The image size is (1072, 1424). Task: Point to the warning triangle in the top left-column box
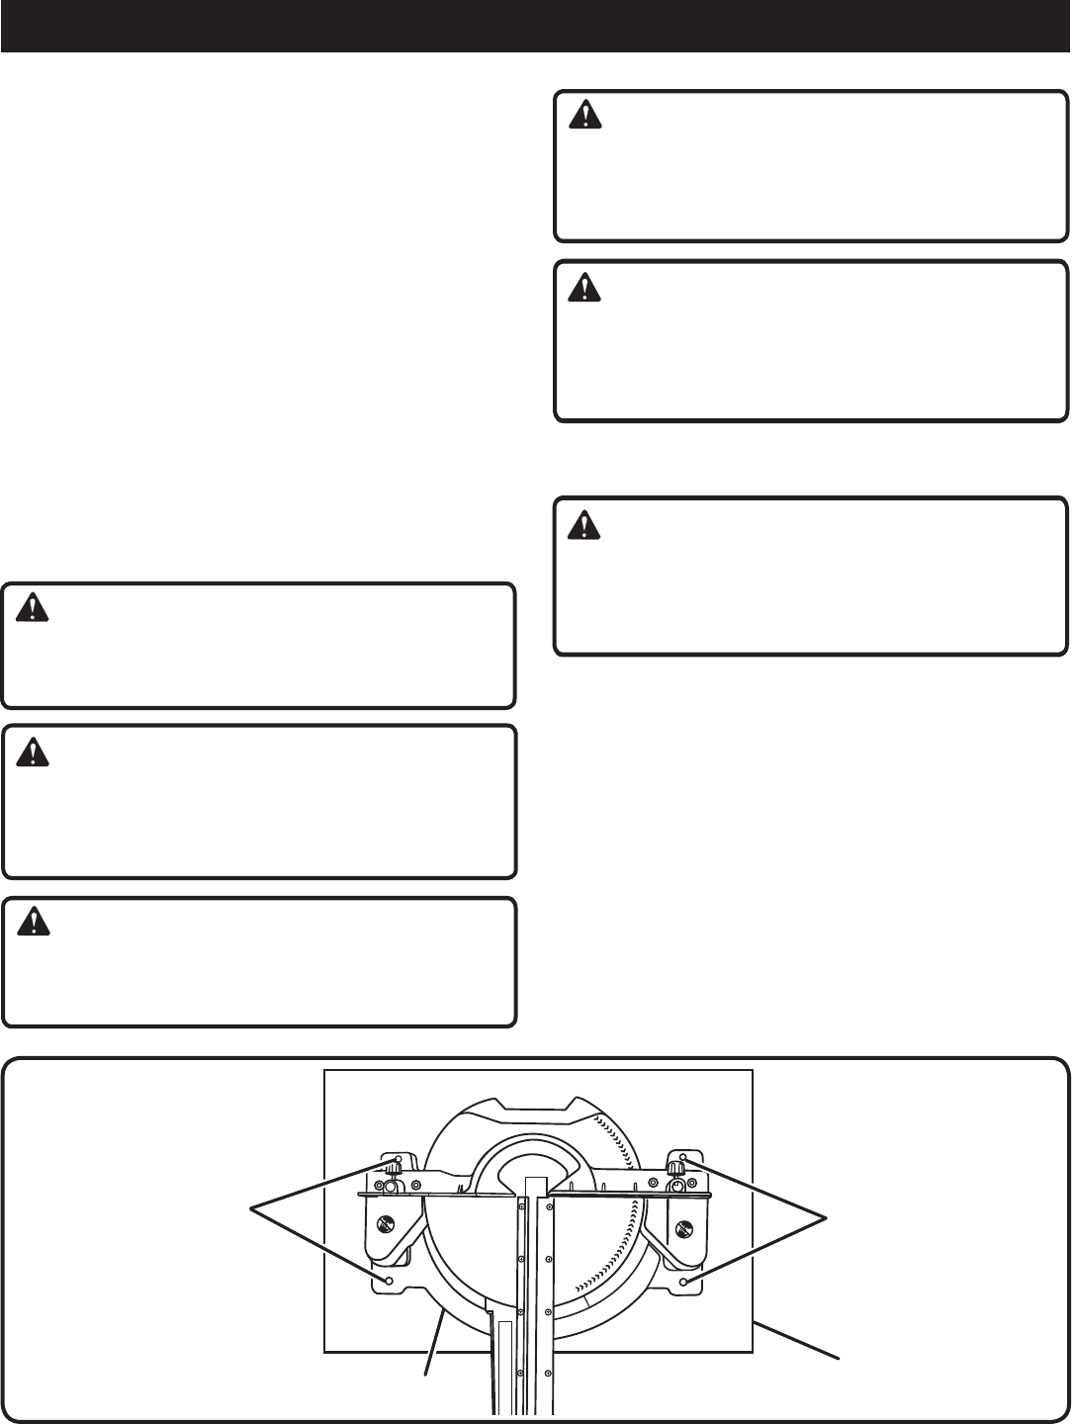click(x=34, y=608)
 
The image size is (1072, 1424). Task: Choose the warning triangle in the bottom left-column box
click(x=34, y=923)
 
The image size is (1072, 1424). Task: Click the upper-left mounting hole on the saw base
click(x=398, y=1159)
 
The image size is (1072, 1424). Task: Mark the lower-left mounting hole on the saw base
click(x=389, y=1281)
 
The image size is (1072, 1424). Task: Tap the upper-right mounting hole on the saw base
click(x=682, y=1157)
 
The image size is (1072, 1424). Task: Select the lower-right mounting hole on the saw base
click(x=683, y=1282)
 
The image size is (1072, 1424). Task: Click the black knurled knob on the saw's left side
click(x=392, y=1169)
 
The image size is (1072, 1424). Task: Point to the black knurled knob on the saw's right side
click(x=675, y=1169)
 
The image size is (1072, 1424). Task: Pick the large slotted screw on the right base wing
click(x=681, y=1228)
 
